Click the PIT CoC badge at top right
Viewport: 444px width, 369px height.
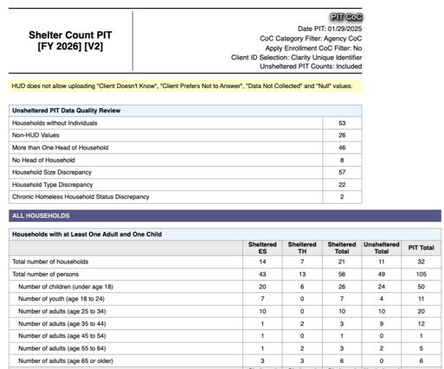click(x=346, y=17)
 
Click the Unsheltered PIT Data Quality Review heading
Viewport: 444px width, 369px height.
click(x=66, y=111)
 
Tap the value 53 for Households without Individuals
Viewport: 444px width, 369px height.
click(x=343, y=124)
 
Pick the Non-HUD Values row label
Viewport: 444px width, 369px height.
click(x=34, y=136)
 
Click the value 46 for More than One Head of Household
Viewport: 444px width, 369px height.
click(x=343, y=148)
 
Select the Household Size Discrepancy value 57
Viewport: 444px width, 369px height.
click(x=343, y=173)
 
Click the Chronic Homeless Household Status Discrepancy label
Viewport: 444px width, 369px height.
click(x=80, y=197)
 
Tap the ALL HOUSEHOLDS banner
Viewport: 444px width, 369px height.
click(x=41, y=216)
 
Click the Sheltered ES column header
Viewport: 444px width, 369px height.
click(x=262, y=248)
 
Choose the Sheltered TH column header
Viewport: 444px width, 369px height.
click(x=302, y=248)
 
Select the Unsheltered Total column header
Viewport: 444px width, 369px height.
click(x=382, y=248)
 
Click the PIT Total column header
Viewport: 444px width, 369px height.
click(x=421, y=248)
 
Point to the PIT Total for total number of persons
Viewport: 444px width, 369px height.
click(x=421, y=274)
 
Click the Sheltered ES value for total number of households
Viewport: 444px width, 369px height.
click(x=262, y=261)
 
